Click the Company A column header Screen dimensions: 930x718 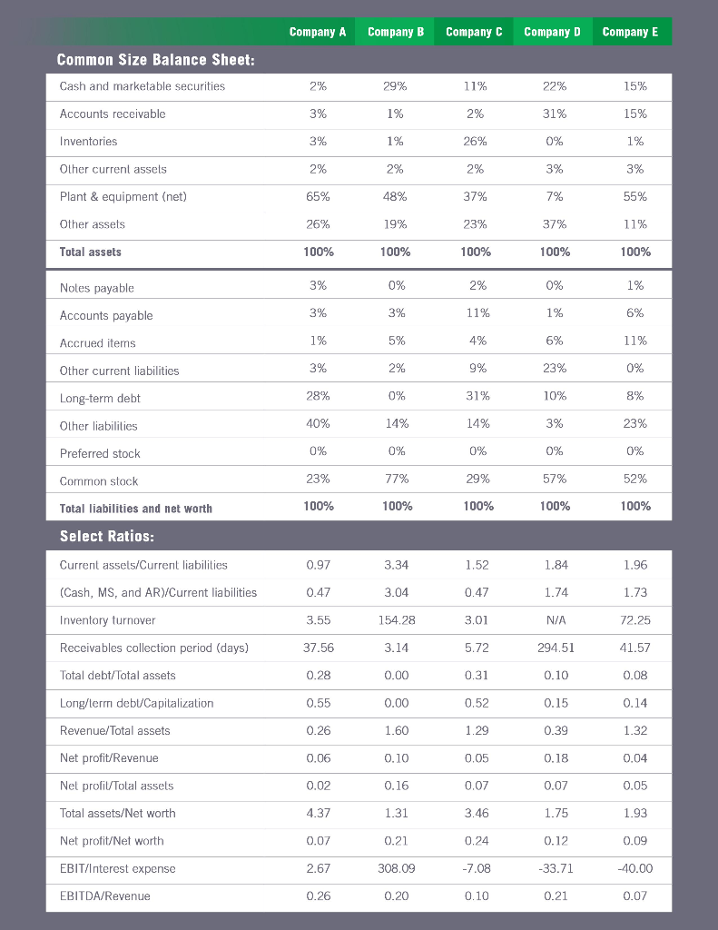[x=317, y=32]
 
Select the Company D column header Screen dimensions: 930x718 [x=552, y=32]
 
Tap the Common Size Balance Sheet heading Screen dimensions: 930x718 [x=155, y=60]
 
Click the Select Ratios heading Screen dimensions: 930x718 [x=106, y=536]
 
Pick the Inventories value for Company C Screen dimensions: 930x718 [x=475, y=142]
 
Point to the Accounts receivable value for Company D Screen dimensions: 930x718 [x=554, y=114]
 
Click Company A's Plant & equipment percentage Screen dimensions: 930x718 [x=318, y=197]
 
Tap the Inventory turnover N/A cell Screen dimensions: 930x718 [x=556, y=620]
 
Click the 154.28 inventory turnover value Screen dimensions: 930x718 [x=397, y=620]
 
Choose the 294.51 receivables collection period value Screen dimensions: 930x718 [x=556, y=648]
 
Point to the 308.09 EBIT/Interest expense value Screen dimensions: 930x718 [x=397, y=868]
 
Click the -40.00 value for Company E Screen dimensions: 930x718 [x=635, y=868]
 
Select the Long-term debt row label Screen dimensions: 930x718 [x=100, y=399]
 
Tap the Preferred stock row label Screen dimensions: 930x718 [x=100, y=454]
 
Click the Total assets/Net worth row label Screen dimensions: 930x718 [x=117, y=814]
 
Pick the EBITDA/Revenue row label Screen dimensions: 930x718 [x=104, y=896]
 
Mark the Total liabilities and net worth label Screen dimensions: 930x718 [x=135, y=509]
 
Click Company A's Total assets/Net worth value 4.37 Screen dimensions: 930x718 [x=318, y=814]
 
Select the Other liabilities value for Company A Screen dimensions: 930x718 [x=318, y=424]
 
